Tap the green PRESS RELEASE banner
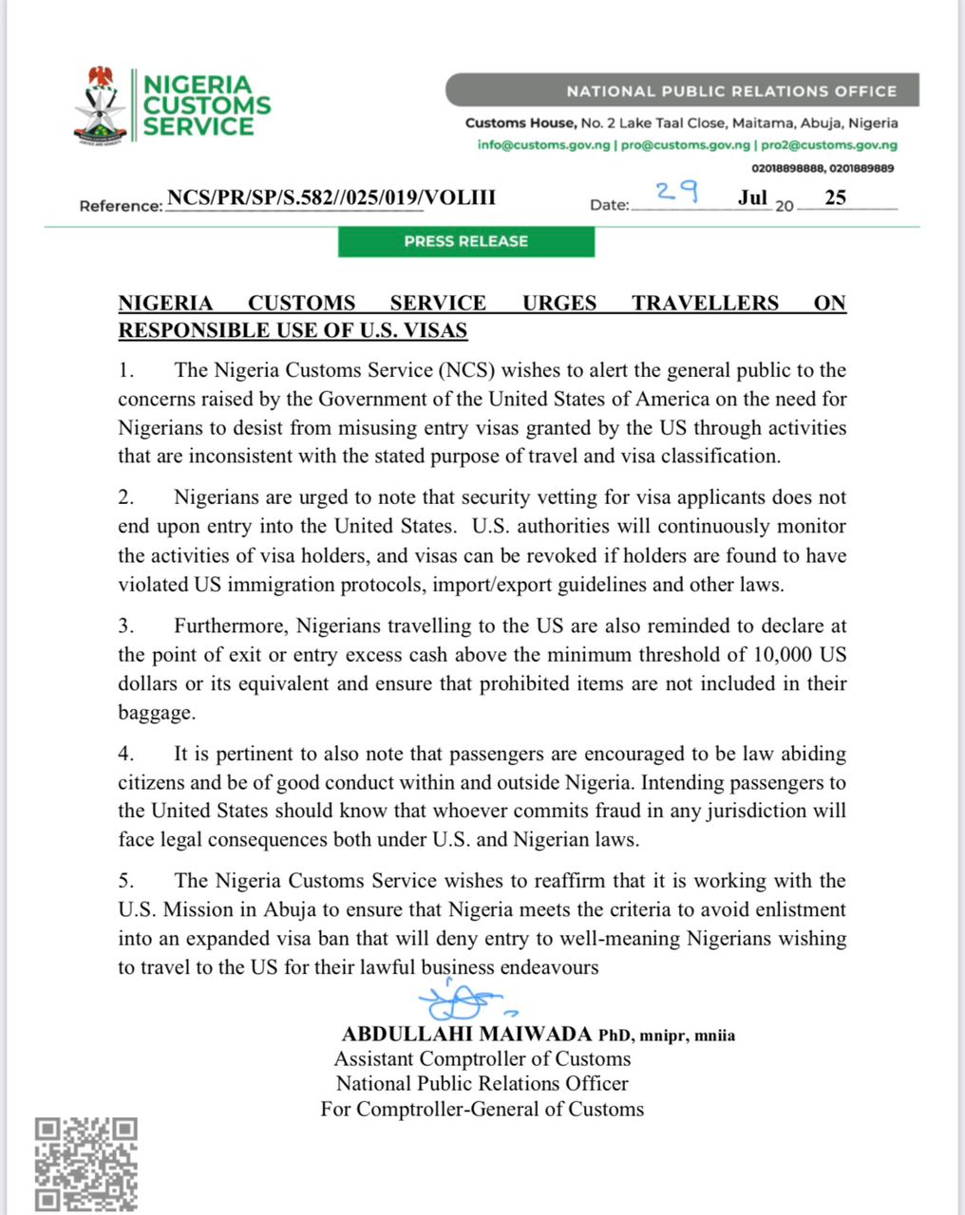[465, 241]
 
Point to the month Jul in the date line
[752, 198]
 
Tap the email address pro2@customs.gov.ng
[829, 145]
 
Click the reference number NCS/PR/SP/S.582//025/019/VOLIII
[331, 197]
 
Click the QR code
[86, 1165]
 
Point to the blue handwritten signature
[463, 1000]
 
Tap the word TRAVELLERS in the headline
[706, 303]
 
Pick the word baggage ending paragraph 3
[156, 712]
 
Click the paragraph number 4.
[125, 755]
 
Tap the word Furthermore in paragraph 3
[230, 626]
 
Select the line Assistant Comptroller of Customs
[482, 1058]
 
